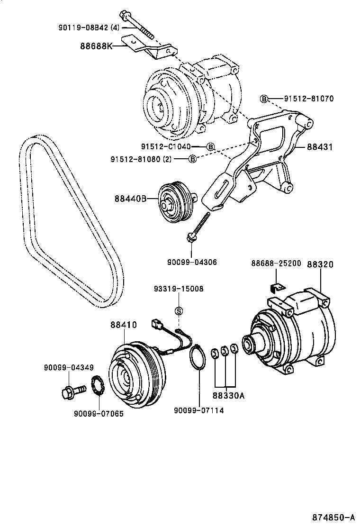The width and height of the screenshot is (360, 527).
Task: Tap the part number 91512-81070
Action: tap(309, 99)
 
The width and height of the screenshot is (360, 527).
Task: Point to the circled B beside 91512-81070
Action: tap(264, 99)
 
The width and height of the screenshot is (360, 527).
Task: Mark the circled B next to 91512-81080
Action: tap(192, 159)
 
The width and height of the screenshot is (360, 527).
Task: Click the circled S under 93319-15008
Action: tap(179, 310)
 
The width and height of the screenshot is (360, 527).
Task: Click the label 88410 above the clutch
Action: tap(124, 325)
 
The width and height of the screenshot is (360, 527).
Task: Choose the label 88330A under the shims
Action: tap(228, 396)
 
